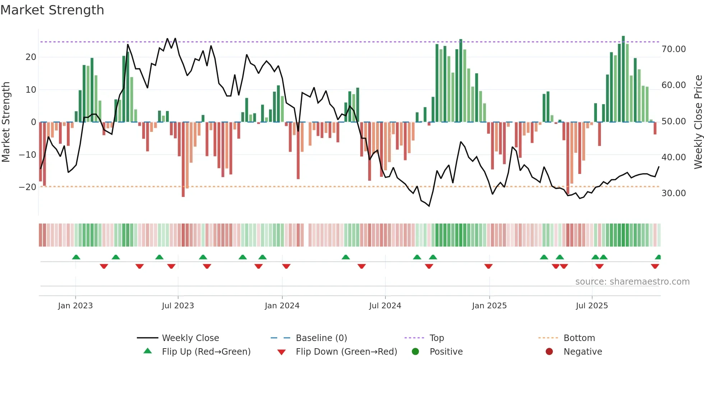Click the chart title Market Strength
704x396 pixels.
tap(52, 10)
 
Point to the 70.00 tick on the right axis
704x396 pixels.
tap(673, 49)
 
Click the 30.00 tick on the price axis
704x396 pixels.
tap(673, 193)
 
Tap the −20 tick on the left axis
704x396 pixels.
tap(27, 187)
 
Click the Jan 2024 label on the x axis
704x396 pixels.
tap(282, 306)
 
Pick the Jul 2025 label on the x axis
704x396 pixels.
tap(592, 306)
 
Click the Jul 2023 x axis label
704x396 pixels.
tap(178, 306)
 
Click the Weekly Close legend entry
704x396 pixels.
tap(190, 338)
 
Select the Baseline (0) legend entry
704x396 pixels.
tap(321, 338)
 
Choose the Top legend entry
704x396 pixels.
tap(436, 338)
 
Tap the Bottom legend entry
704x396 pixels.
tap(579, 338)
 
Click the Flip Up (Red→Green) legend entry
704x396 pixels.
tap(206, 352)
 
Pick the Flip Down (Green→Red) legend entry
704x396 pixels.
tap(346, 352)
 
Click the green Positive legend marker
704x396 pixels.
tap(415, 352)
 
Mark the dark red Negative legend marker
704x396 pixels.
tap(549, 352)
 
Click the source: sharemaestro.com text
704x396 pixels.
tap(632, 282)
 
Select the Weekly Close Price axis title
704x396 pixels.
tap(698, 122)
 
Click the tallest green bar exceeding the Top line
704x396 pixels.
tap(624, 79)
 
